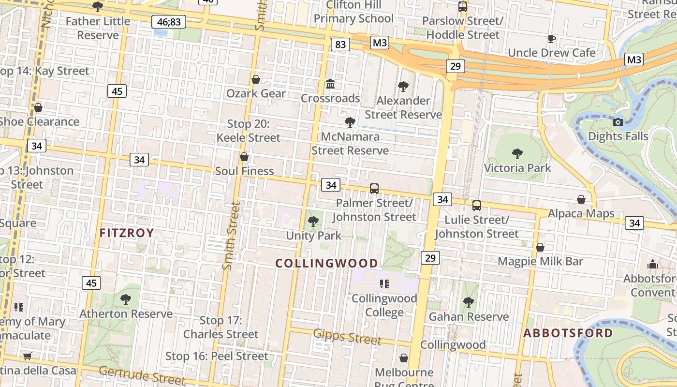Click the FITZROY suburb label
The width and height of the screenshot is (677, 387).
point(127,233)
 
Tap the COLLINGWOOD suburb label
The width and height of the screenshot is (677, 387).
point(327,263)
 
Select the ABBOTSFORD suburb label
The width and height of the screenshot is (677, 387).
point(568,333)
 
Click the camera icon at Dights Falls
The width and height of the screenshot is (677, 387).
point(618,122)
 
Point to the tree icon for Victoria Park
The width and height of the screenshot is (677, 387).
point(517,154)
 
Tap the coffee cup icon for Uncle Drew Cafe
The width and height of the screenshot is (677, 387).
point(552,39)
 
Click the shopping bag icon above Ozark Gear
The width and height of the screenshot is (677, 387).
point(256,79)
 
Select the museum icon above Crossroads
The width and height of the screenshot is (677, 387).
point(330,84)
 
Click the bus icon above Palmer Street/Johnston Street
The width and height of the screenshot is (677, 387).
point(374,189)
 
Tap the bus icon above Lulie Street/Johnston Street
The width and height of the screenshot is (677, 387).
point(477,206)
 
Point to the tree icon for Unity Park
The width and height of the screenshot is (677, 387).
point(313,222)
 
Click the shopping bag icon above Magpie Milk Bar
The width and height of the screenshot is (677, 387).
point(540,247)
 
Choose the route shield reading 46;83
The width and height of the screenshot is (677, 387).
point(169,22)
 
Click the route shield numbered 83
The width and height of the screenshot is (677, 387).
point(340,45)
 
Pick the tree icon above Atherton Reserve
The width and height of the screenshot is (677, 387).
point(126,299)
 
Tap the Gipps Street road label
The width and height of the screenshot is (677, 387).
point(347,337)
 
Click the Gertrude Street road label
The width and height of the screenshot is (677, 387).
point(142,376)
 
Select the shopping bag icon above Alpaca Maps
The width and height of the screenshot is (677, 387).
point(581,199)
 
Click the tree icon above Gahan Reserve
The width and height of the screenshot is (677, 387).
point(468,302)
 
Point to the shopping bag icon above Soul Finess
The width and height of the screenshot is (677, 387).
point(244,157)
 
